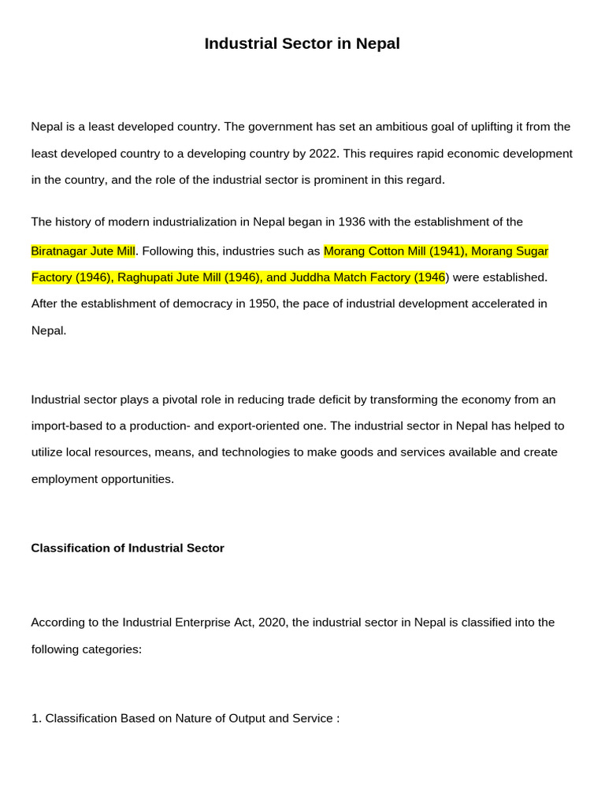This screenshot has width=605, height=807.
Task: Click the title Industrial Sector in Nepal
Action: [x=302, y=44]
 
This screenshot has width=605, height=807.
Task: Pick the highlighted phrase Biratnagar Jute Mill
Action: [x=83, y=251]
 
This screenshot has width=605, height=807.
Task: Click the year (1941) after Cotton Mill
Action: [x=446, y=251]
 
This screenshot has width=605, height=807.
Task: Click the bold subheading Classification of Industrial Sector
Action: [x=128, y=548]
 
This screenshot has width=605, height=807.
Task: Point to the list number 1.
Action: [x=35, y=719]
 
